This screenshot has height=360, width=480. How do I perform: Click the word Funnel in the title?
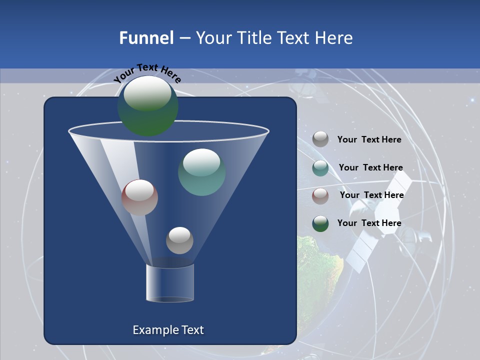pyautogui.click(x=146, y=38)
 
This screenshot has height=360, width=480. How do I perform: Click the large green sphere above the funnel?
pyautogui.click(x=147, y=106)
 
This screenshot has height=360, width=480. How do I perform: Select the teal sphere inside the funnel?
pyautogui.click(x=201, y=172)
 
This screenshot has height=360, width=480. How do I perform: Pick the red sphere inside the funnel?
pyautogui.click(x=139, y=197)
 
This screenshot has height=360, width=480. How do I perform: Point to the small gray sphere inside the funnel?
pyautogui.click(x=179, y=240)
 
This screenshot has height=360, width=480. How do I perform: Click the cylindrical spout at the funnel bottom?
pyautogui.click(x=170, y=283)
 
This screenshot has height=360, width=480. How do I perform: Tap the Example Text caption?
pyautogui.click(x=168, y=330)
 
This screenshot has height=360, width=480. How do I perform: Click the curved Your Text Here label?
pyautogui.click(x=147, y=73)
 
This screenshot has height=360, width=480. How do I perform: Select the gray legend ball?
pyautogui.click(x=320, y=139)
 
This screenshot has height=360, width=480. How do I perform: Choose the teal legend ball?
pyautogui.click(x=320, y=168)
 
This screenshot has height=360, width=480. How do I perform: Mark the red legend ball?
pyautogui.click(x=320, y=196)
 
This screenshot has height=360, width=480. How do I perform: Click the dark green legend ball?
pyautogui.click(x=320, y=223)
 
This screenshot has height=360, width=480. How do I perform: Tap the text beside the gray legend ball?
pyautogui.click(x=369, y=139)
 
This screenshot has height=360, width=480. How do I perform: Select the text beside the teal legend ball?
pyautogui.click(x=370, y=167)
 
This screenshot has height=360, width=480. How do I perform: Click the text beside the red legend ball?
pyautogui.click(x=371, y=195)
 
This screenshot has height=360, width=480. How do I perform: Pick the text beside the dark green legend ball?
pyautogui.click(x=369, y=223)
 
